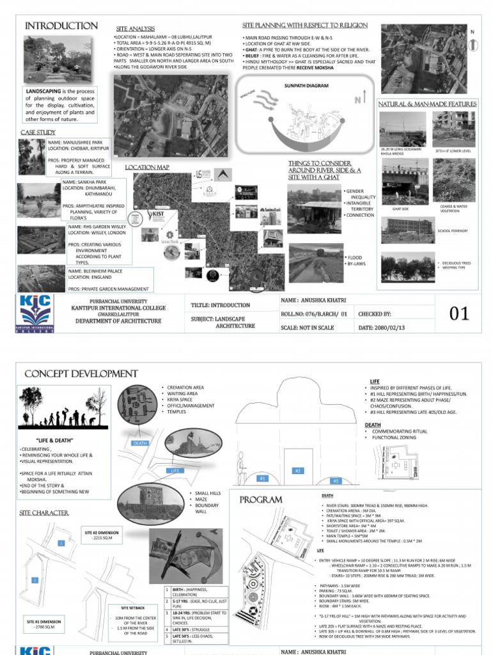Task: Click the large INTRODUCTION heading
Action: point(61,26)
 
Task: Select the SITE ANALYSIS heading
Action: point(134,29)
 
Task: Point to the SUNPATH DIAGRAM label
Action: point(301,84)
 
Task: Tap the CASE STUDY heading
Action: point(38,132)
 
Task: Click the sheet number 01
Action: point(459,313)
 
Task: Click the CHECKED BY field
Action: point(374,314)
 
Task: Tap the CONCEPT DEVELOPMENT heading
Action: point(81,374)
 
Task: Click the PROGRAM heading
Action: point(261,499)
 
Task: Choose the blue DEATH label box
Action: point(140,443)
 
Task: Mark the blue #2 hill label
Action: point(298,471)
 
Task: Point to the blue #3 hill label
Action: point(335,480)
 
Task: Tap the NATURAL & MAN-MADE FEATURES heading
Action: point(427,104)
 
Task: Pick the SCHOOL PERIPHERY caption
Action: point(453,230)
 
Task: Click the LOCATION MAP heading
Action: point(147,167)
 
